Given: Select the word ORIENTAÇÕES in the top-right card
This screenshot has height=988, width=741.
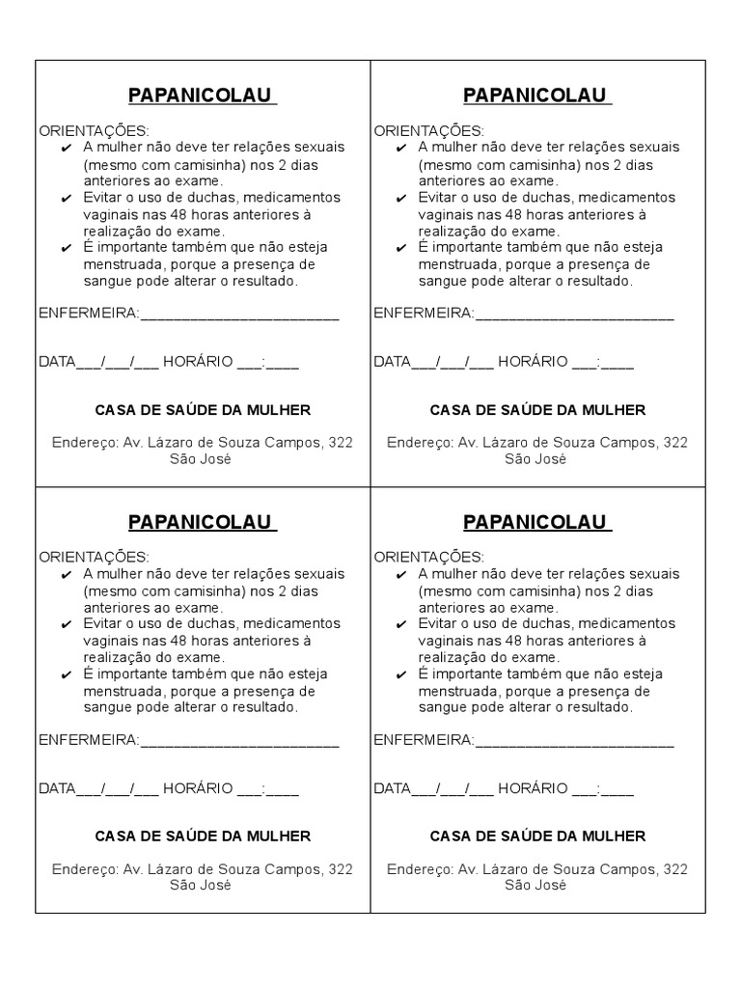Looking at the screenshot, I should pos(428,130).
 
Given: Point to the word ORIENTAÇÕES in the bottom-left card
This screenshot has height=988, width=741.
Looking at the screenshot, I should pos(94,557).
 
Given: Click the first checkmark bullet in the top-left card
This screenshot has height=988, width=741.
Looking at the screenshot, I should pos(66,148).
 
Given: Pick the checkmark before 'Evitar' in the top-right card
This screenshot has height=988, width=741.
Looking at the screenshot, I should pos(401,198).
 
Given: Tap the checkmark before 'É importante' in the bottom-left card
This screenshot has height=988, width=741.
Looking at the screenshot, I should pos(66,673).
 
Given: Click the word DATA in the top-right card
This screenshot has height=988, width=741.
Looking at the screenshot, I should pos(392,362).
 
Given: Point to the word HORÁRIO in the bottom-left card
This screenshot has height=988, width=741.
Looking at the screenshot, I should pos(198,788).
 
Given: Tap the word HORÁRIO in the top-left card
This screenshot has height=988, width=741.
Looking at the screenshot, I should pos(198,362).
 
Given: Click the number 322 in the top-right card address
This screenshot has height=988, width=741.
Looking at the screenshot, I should pos(675,442).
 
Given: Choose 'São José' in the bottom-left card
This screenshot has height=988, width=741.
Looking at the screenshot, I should pos(201,885).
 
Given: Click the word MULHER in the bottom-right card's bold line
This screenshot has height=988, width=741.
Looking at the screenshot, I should pos(615,837).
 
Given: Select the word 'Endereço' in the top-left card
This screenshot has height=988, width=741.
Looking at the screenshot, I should pos(84,442).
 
